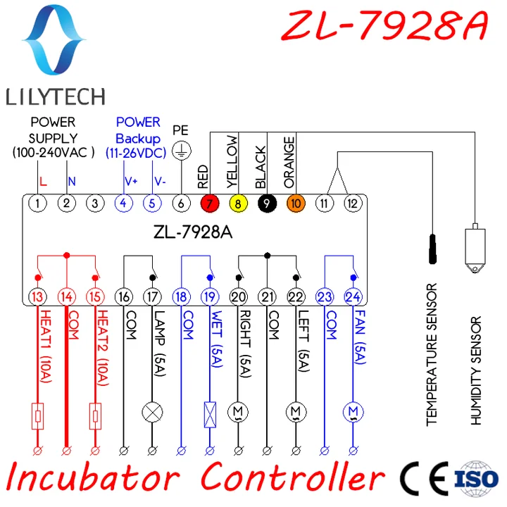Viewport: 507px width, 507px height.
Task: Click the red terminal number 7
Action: (208, 204)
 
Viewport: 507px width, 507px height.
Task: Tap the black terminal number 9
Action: (267, 204)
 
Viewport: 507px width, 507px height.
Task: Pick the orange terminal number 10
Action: (296, 204)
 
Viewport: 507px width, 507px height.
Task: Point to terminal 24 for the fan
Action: (352, 296)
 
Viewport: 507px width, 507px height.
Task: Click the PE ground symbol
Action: (182, 149)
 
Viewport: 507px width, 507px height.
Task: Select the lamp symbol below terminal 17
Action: (152, 411)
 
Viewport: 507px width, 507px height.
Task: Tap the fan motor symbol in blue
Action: (352, 411)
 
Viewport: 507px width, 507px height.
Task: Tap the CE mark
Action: (423, 478)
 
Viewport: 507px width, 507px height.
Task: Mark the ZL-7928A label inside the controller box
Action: (192, 232)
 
